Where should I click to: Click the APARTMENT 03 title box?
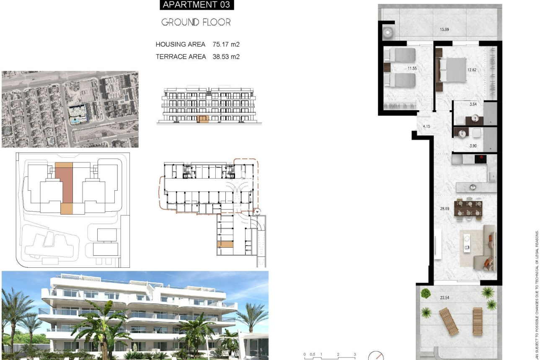pos(196,5)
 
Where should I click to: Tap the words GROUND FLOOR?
pos(196,22)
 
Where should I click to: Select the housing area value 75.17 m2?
pos(226,44)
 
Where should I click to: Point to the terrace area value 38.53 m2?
pos(226,57)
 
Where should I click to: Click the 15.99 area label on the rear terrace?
pos(444,29)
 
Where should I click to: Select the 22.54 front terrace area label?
pos(445,298)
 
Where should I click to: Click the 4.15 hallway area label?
pos(426,126)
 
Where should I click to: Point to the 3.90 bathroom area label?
pos(473,146)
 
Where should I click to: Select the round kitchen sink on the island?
pos(473,187)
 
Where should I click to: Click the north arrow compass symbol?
pos(376,356)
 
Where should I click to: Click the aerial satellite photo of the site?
pos(70,109)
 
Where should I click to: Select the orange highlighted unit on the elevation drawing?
pos(203,119)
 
